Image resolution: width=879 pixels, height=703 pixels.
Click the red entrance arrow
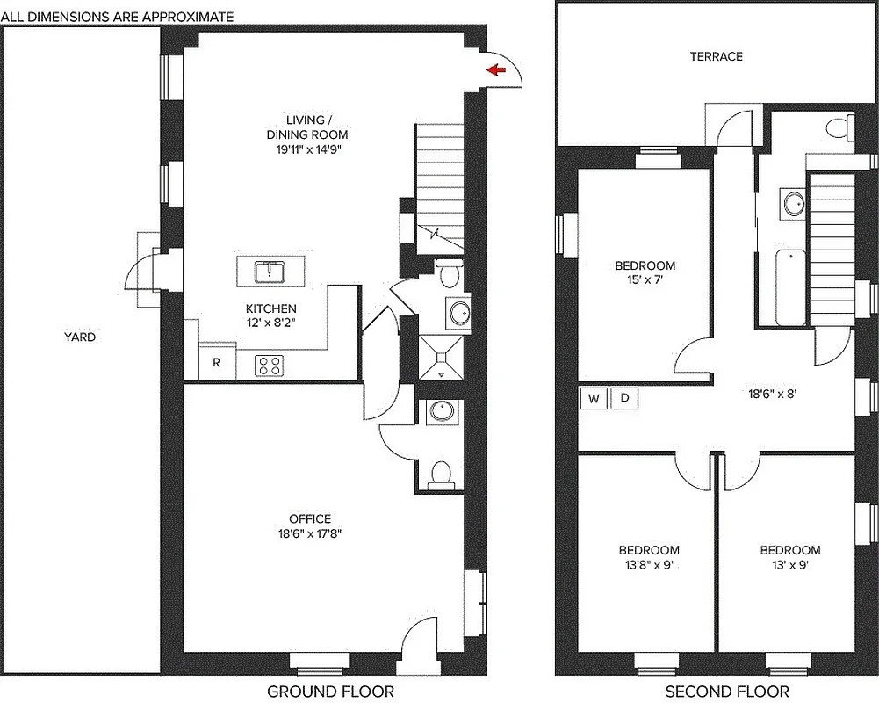(x=497, y=70)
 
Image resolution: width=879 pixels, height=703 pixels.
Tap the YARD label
(x=79, y=337)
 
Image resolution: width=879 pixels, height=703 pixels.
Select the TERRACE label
(x=716, y=56)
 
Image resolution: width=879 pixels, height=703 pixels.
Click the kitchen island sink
(x=270, y=271)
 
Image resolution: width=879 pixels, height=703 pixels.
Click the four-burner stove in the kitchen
(x=270, y=365)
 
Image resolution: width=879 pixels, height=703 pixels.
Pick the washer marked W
(x=594, y=399)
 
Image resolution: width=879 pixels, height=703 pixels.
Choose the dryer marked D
(x=624, y=399)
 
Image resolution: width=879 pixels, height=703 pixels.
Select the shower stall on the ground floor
(x=441, y=358)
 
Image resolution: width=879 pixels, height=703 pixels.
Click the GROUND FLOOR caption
(x=330, y=692)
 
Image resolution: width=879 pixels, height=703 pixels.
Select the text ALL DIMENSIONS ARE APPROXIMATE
(x=117, y=17)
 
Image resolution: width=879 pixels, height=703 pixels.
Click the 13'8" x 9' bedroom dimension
(x=644, y=565)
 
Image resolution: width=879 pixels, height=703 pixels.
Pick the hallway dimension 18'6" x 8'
(x=761, y=395)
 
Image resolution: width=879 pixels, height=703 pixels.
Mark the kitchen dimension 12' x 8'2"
(x=270, y=323)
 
